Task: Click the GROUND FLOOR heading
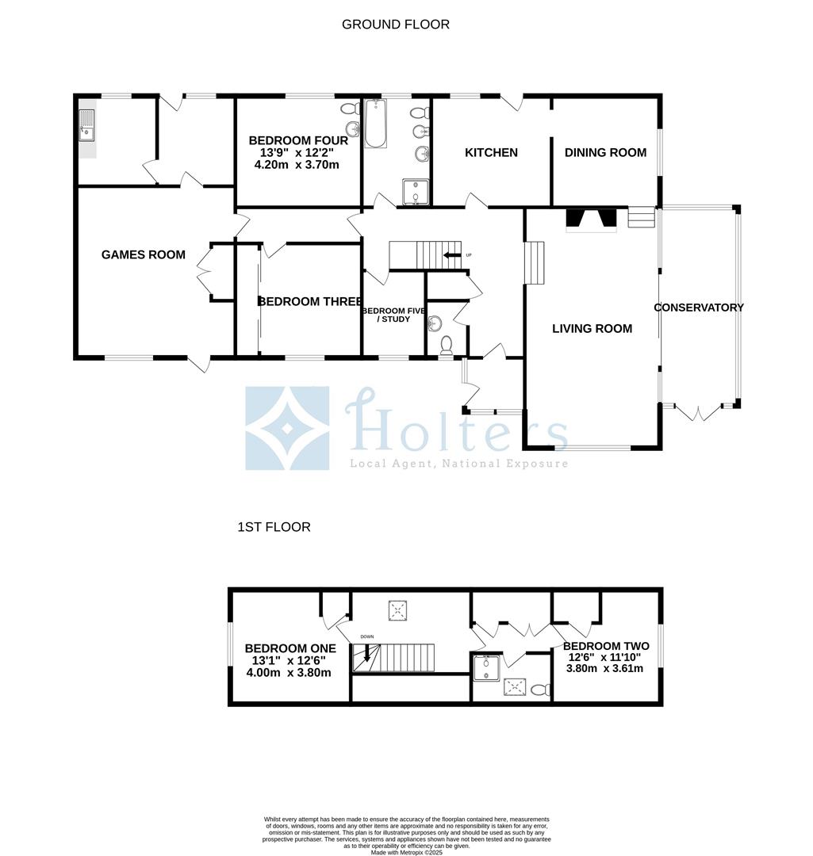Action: [395, 25]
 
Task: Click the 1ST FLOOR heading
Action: [274, 527]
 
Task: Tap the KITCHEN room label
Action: [491, 152]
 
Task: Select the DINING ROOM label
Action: [605, 152]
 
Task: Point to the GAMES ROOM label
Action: [144, 254]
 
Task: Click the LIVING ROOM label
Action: [592, 328]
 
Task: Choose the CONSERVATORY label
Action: [699, 308]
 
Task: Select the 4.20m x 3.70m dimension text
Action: [296, 165]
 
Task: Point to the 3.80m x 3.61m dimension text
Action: [604, 668]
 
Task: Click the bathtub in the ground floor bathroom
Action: [375, 125]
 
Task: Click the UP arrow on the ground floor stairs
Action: [453, 255]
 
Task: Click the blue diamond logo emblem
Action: [287, 428]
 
